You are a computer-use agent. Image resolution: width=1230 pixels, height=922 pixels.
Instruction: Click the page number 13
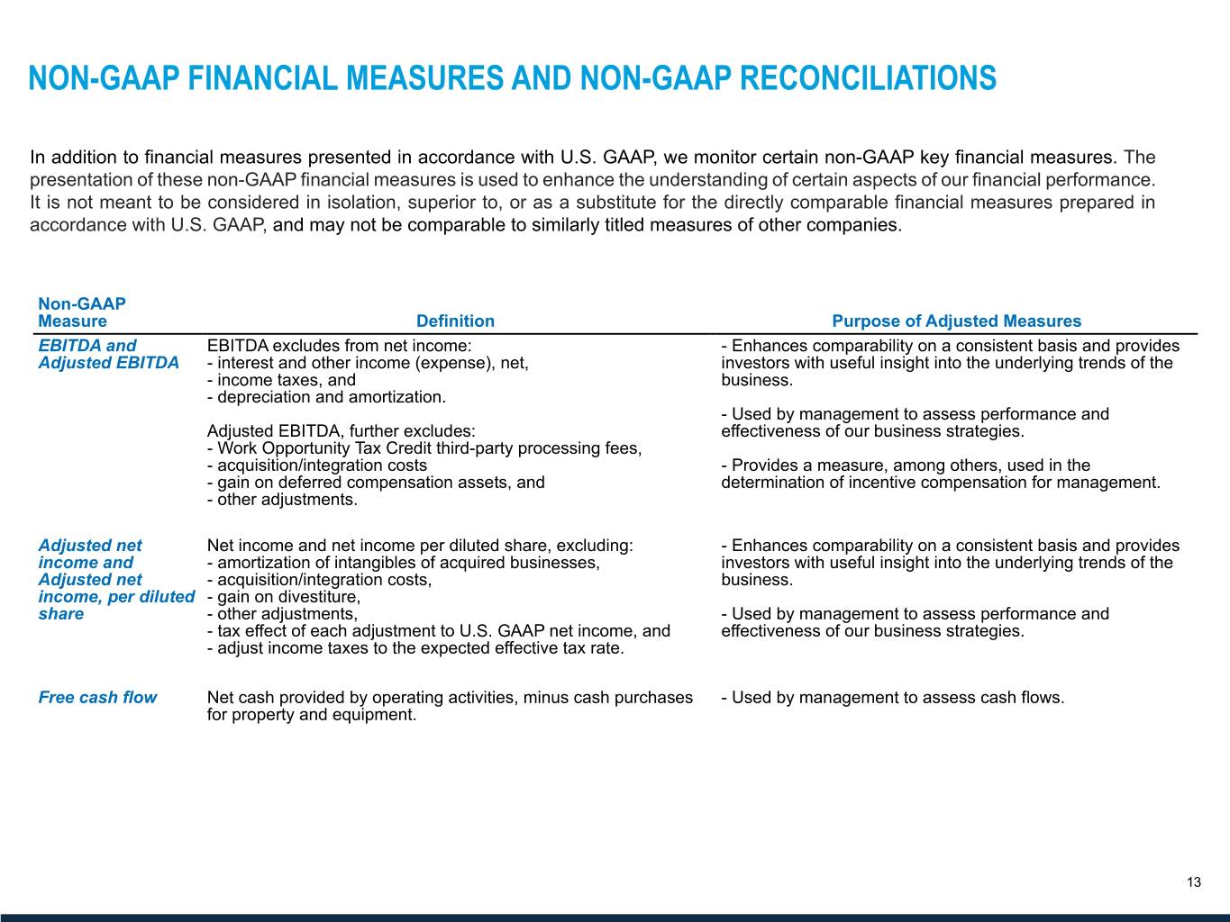(x=1193, y=882)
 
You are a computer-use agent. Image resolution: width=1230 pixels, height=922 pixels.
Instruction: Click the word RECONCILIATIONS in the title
(x=868, y=79)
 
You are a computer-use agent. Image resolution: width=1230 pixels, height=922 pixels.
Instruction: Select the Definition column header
(x=455, y=321)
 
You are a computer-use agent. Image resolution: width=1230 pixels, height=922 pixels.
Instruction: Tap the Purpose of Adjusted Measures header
(x=956, y=321)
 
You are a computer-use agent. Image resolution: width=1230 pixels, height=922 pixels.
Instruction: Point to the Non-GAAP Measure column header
(x=81, y=312)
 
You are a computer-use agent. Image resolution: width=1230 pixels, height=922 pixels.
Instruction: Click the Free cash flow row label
(x=97, y=698)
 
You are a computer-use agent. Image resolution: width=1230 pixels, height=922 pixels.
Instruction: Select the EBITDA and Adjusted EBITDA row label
(x=108, y=354)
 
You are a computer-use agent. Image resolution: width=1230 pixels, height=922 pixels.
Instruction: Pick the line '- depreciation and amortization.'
(x=326, y=397)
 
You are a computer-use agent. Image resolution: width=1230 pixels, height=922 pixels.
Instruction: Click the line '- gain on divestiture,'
(x=284, y=597)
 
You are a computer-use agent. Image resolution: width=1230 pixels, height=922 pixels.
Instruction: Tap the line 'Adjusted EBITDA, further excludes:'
(x=341, y=431)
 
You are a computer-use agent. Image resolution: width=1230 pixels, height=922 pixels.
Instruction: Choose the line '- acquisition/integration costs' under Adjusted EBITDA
(x=317, y=466)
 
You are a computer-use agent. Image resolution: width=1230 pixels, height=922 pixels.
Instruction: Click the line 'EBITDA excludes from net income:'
(x=339, y=346)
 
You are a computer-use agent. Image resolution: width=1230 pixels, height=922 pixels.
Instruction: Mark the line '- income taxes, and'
(x=281, y=380)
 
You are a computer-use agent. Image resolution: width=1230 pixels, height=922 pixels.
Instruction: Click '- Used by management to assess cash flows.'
(x=893, y=698)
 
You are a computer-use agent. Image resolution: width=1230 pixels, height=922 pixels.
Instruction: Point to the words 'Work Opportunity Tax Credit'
(x=324, y=448)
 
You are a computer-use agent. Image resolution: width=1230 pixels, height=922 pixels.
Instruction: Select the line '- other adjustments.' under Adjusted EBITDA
(x=282, y=500)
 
